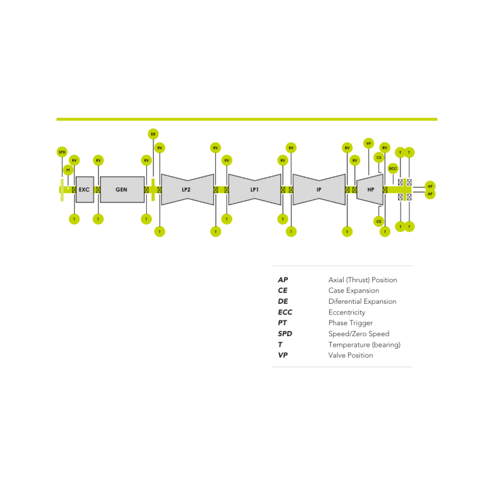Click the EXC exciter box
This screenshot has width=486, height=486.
click(85, 190)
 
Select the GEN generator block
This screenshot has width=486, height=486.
click(121, 190)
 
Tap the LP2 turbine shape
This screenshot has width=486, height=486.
click(187, 190)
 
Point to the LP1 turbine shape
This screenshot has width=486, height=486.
click(254, 190)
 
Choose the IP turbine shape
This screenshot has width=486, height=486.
click(319, 190)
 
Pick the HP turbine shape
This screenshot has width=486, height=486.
click(371, 190)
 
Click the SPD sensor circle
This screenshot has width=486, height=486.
click(62, 152)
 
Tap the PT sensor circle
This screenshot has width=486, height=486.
click(68, 170)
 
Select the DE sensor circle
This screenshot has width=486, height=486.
click(153, 134)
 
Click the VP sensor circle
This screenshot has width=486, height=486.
click(368, 144)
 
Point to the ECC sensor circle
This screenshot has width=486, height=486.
click(393, 168)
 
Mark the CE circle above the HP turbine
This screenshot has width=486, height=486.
click(379, 158)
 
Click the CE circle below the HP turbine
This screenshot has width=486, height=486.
click(378, 221)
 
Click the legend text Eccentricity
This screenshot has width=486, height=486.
click(347, 312)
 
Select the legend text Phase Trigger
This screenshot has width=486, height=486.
click(351, 323)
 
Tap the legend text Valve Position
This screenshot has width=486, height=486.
click(351, 355)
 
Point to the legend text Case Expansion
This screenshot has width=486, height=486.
click(354, 290)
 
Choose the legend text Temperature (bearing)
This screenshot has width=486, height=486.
click(364, 344)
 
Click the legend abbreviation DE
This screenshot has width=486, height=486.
click(283, 301)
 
